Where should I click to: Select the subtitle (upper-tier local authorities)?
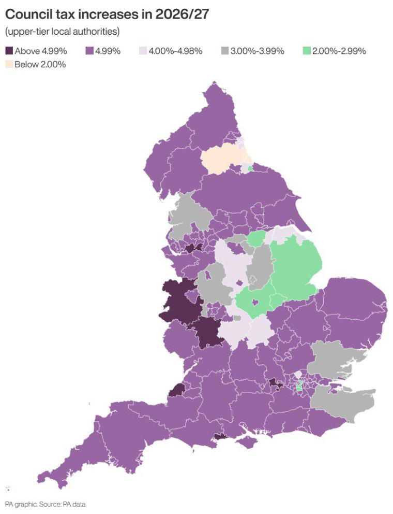click(63, 32)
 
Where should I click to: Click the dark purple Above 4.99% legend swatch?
click(9, 51)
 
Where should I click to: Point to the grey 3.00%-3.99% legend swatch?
click(225, 51)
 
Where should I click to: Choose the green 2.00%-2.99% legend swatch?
click(306, 51)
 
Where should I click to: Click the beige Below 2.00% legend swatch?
click(9, 65)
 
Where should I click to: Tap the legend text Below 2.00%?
click(40, 65)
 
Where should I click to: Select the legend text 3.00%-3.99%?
click(257, 51)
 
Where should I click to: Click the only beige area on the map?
click(222, 160)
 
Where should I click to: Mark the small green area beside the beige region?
click(251, 168)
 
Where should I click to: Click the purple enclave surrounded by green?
click(255, 302)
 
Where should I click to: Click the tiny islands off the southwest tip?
click(8, 489)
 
